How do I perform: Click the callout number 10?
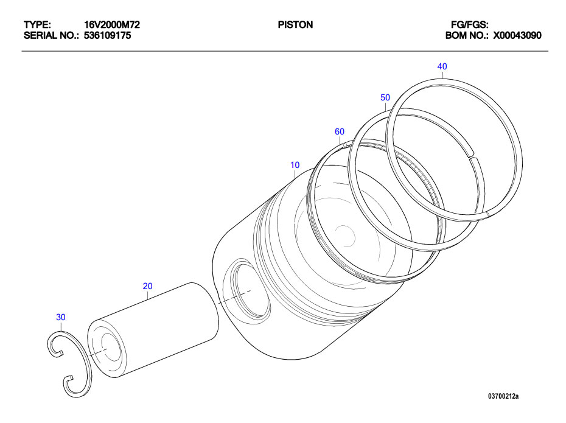point(295,165)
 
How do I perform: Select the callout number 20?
point(147,286)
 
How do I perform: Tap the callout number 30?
point(60,317)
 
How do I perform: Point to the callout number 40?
point(442,66)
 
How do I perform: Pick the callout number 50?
point(385,97)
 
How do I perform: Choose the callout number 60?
point(340,131)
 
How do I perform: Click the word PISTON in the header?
point(295,25)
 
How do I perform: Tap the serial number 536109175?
point(107,35)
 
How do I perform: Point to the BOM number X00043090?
point(517,35)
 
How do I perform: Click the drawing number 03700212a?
point(503,396)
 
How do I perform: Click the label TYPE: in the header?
point(37,25)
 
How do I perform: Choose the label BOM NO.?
point(467,35)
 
